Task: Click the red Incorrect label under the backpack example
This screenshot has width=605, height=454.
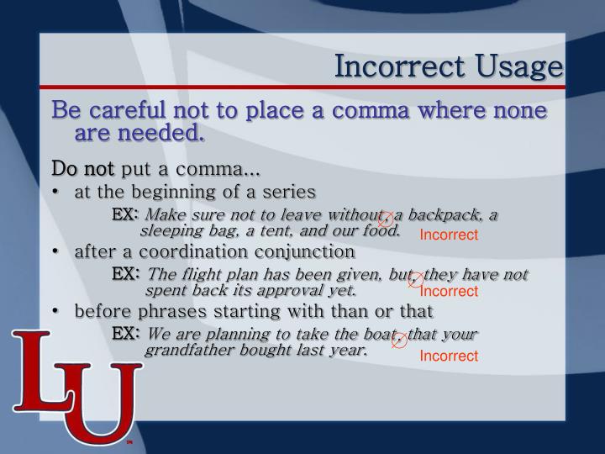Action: tap(449, 235)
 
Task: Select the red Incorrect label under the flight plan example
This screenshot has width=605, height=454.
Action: tap(449, 292)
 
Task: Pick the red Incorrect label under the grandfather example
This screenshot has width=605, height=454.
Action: tap(449, 356)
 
